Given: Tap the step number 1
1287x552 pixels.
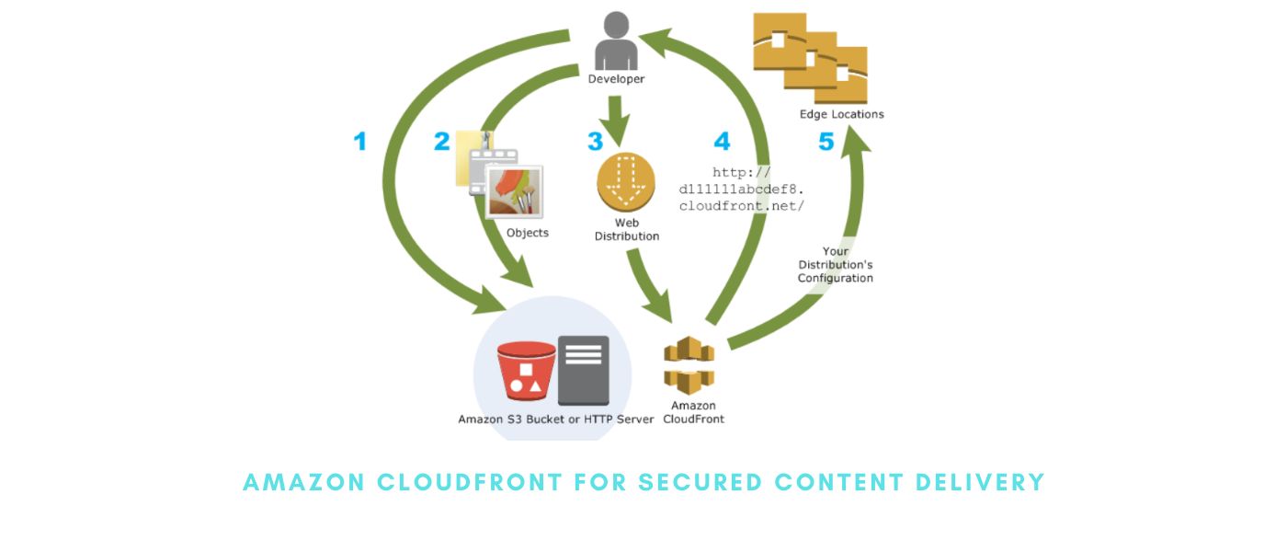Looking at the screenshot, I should (360, 142).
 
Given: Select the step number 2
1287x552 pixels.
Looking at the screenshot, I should (442, 142).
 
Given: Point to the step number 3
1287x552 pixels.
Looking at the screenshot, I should (596, 142).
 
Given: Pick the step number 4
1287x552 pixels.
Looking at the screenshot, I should (722, 142).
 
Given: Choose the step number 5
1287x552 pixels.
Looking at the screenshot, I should (826, 142).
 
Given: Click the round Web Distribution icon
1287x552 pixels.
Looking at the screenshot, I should (626, 182).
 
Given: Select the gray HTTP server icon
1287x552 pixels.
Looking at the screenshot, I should (584, 370).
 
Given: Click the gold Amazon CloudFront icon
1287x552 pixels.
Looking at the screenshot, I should (689, 365).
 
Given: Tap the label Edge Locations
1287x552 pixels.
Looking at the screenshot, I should (841, 114).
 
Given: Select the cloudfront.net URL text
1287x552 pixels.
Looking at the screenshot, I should (742, 190).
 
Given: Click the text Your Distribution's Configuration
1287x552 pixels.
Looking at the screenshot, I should (836, 265).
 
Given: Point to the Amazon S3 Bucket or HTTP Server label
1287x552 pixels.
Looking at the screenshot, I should (556, 420).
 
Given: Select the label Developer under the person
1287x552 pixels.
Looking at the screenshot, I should (616, 79).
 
